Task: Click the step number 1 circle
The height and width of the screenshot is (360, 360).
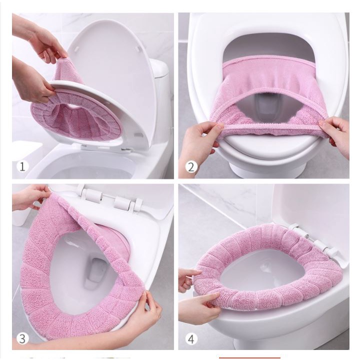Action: pyautogui.click(x=22, y=166)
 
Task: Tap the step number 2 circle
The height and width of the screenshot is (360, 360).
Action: pyautogui.click(x=191, y=167)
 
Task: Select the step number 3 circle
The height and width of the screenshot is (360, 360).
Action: pyautogui.click(x=22, y=338)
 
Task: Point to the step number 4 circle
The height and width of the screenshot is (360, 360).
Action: pyautogui.click(x=191, y=339)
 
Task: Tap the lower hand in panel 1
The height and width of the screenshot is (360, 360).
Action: pyautogui.click(x=32, y=80)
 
